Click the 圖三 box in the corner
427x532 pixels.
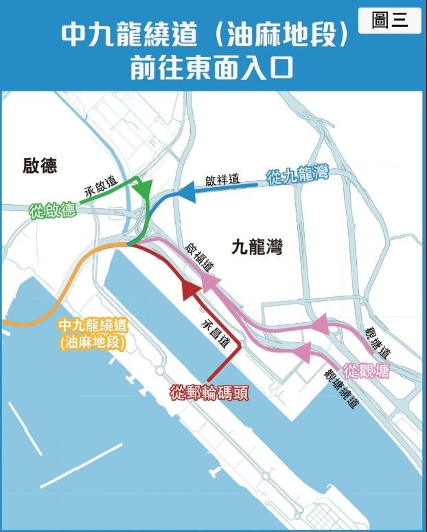click(389, 21)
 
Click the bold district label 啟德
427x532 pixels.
click(39, 166)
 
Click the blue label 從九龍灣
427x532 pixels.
click(297, 176)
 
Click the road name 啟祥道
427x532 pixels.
click(222, 181)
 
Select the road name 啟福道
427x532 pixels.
click(198, 258)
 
